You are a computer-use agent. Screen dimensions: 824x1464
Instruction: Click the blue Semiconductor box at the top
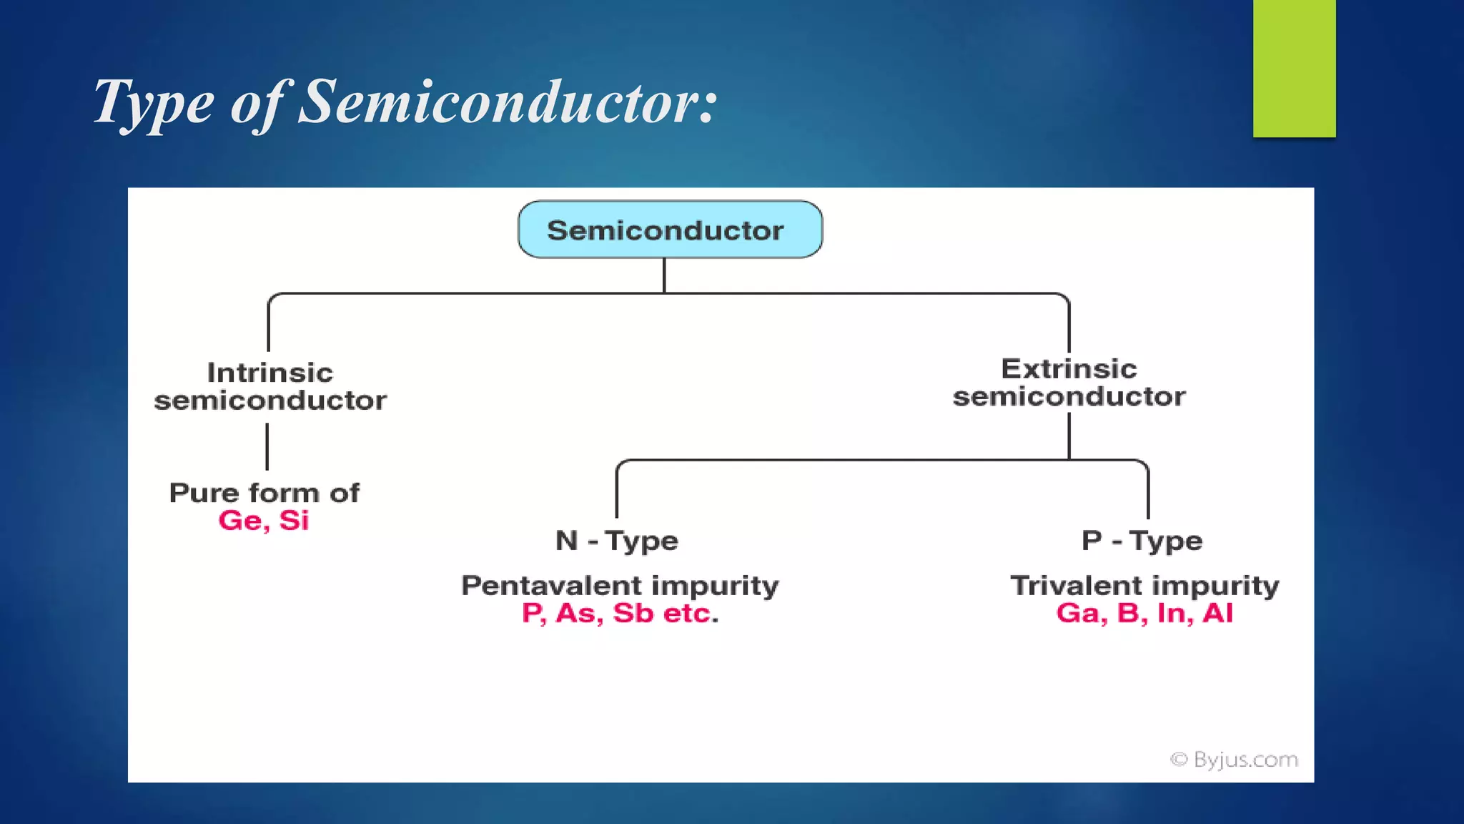tap(670, 230)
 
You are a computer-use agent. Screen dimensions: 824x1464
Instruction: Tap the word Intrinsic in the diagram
tap(269, 373)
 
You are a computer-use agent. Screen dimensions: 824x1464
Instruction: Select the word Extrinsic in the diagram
tap(1069, 369)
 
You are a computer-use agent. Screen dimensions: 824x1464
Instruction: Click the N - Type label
tap(616, 541)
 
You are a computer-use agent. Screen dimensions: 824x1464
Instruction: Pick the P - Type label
tap(1142, 541)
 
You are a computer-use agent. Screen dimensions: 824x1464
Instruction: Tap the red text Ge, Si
tap(264, 521)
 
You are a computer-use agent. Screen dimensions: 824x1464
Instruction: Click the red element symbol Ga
tap(1082, 613)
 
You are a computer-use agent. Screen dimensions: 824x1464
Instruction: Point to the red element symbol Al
tap(1217, 613)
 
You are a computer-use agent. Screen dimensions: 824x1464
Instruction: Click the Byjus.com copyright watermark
tap(1234, 760)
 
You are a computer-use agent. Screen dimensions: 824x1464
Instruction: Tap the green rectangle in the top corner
tap(1294, 68)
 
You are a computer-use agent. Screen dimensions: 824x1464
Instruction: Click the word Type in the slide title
tap(154, 102)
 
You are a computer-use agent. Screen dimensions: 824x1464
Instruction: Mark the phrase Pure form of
tap(264, 493)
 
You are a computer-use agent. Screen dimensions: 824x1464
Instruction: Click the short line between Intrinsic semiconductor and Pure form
tap(267, 446)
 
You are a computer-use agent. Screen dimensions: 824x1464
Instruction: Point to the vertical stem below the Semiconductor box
tap(664, 275)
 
